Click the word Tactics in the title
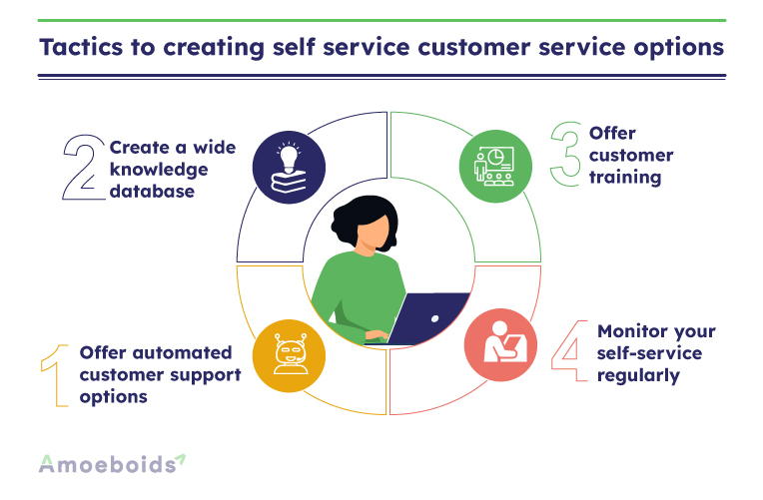pyautogui.click(x=81, y=47)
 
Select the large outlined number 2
pyautogui.click(x=84, y=168)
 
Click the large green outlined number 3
pyautogui.click(x=566, y=154)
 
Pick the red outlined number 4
pyautogui.click(x=569, y=350)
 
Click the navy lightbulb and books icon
pyautogui.click(x=289, y=168)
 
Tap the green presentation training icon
pyautogui.click(x=495, y=167)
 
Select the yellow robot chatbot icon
pyautogui.click(x=289, y=355)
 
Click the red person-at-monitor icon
pyautogui.click(x=500, y=345)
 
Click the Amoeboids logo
pyautogui.click(x=112, y=463)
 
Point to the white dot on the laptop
pyautogui.click(x=435, y=319)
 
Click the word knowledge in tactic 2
pyautogui.click(x=159, y=170)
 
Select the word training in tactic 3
pyautogui.click(x=625, y=177)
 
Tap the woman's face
pyautogui.click(x=374, y=233)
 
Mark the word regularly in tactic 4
pyautogui.click(x=638, y=376)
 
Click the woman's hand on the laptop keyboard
pyautogui.click(x=377, y=335)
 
